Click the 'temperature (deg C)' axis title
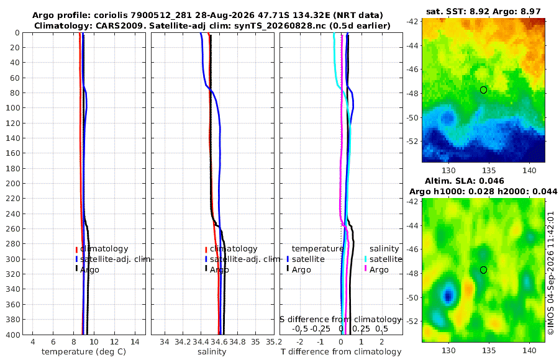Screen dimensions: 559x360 [x=84, y=352]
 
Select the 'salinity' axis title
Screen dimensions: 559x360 [x=212, y=352]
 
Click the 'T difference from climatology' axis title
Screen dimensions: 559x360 [x=341, y=352]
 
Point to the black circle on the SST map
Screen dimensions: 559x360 [x=483, y=90]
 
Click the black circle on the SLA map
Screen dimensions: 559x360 [x=483, y=270]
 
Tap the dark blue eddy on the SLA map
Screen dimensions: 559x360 [x=448, y=295]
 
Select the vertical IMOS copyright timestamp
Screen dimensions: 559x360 [x=551, y=273]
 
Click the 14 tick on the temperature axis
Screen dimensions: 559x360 [x=135, y=342]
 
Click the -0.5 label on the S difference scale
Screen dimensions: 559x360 [x=300, y=328]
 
